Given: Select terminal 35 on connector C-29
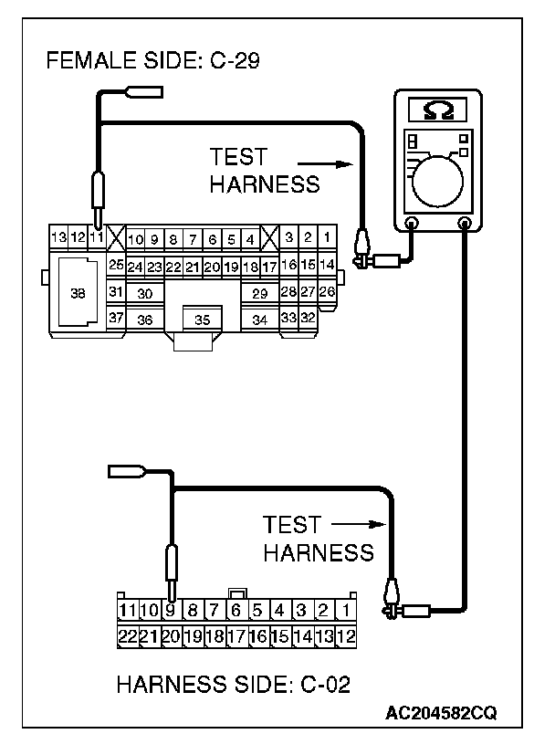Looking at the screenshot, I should pos(203,320).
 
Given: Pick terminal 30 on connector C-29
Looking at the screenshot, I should pos(144,293).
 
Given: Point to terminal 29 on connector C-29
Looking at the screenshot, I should pos(259,293).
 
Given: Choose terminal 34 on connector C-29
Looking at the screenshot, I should pos(259,320).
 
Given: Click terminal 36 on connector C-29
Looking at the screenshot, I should pos(144,320).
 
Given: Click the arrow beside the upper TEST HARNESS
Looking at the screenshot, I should pos(336,165).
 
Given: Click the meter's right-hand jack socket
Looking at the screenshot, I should pos(464,222).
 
